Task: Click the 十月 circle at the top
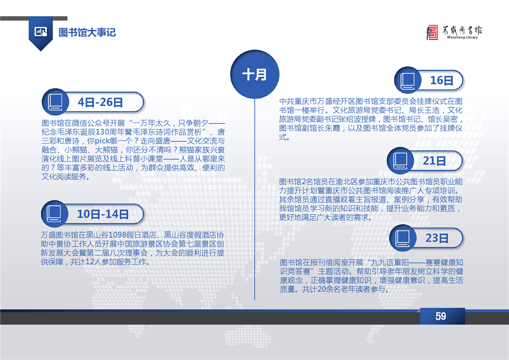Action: click(x=255, y=74)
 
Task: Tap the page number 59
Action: click(x=440, y=316)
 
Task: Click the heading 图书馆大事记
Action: click(x=87, y=33)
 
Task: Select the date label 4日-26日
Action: click(x=100, y=102)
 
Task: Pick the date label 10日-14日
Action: click(x=103, y=214)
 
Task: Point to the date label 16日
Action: click(x=441, y=80)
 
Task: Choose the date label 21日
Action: click(x=434, y=161)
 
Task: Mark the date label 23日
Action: click(x=437, y=238)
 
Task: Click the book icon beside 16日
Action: click(x=407, y=80)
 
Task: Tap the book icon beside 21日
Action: click(x=400, y=161)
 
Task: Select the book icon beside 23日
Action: click(x=402, y=238)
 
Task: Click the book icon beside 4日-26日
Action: click(x=55, y=102)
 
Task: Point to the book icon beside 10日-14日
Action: click(x=54, y=214)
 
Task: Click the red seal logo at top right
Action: click(x=432, y=33)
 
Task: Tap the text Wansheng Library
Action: click(x=462, y=37)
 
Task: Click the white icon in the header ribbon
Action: click(x=40, y=32)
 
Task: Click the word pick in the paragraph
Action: click(x=102, y=141)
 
